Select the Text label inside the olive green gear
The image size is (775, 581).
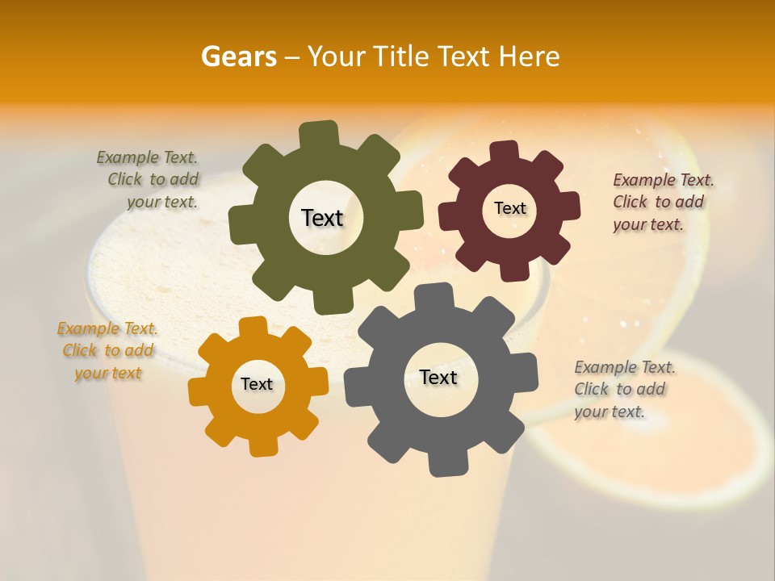click(x=322, y=218)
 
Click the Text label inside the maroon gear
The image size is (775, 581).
click(x=509, y=208)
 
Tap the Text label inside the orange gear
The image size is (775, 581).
click(x=257, y=384)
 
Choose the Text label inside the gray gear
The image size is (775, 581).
click(x=438, y=377)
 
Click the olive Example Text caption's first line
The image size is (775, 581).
click(x=147, y=157)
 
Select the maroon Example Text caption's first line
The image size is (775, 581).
click(x=664, y=180)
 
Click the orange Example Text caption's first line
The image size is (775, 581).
click(x=107, y=328)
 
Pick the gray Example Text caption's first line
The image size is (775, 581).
click(x=625, y=367)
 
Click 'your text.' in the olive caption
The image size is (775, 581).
click(x=162, y=202)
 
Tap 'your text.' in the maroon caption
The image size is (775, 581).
click(x=648, y=224)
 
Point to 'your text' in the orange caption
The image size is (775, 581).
click(x=108, y=373)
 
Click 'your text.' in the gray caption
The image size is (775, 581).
click(x=610, y=412)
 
